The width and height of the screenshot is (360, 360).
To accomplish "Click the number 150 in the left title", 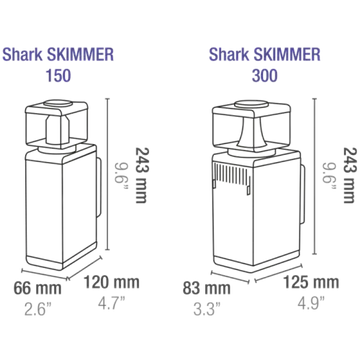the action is [x=58, y=76].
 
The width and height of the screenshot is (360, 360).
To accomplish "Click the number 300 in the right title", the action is [x=265, y=76].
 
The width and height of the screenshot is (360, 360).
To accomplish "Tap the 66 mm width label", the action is [x=38, y=288].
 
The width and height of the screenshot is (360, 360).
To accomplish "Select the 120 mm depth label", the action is [x=111, y=283].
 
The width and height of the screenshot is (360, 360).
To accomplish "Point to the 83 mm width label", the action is [x=207, y=288].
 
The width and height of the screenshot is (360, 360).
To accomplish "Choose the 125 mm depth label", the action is [x=311, y=283].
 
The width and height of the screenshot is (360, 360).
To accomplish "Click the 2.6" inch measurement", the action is [x=38, y=309].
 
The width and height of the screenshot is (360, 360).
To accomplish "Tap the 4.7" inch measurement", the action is [x=112, y=303].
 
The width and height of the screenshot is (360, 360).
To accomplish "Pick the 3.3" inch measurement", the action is [x=207, y=309].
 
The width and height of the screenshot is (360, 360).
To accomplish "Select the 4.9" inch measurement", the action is [x=311, y=303].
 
